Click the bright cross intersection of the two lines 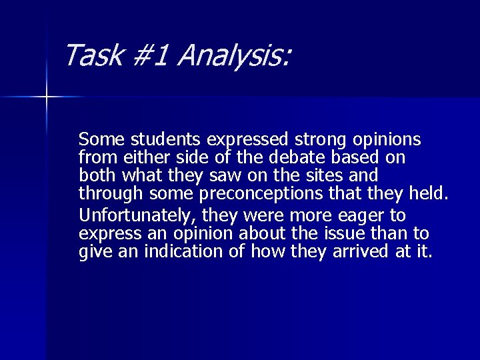[x=47, y=97]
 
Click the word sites [x=338, y=175]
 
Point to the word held [x=434, y=193]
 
